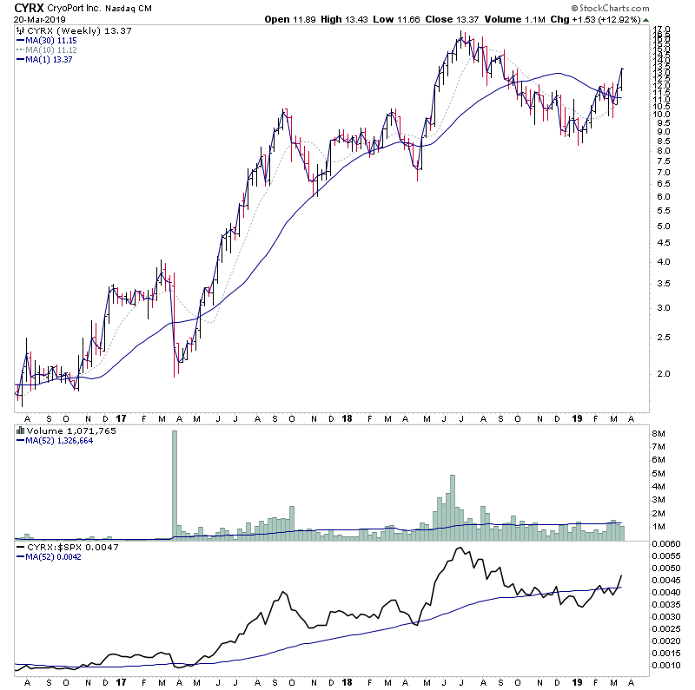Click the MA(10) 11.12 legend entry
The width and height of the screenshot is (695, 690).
51,50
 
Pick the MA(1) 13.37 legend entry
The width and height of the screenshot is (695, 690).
50,60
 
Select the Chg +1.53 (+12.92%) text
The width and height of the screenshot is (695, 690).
606,18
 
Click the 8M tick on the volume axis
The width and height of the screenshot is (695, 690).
660,432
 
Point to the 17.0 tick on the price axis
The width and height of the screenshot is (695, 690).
662,30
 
